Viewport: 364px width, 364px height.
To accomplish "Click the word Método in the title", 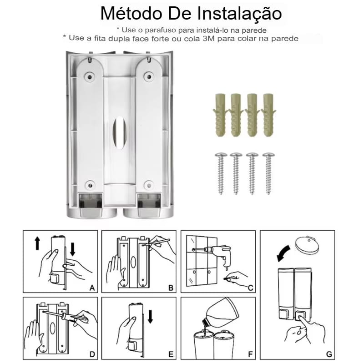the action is pos(131,14).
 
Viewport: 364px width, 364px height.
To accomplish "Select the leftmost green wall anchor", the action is pos(220,115).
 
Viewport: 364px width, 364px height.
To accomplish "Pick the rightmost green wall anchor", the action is pos(268,115).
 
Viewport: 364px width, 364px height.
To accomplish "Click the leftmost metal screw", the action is pos(221,173).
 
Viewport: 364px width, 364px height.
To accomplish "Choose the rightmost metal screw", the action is pos(268,173).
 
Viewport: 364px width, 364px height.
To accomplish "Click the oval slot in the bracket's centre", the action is pos(120,132).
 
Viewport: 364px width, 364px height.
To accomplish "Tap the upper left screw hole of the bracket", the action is pos(90,76).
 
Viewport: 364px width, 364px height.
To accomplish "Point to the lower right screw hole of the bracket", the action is pos(149,185).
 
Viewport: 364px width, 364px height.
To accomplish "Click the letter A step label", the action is pos(92,288).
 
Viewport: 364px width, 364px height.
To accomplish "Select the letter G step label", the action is pos(329,354).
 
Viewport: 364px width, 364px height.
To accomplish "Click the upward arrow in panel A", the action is pos(37,243).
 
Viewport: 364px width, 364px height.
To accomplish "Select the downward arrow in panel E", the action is pos(151,316).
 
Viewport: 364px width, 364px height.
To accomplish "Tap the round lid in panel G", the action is pos(307,245).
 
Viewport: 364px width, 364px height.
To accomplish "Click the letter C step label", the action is pos(250,288).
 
